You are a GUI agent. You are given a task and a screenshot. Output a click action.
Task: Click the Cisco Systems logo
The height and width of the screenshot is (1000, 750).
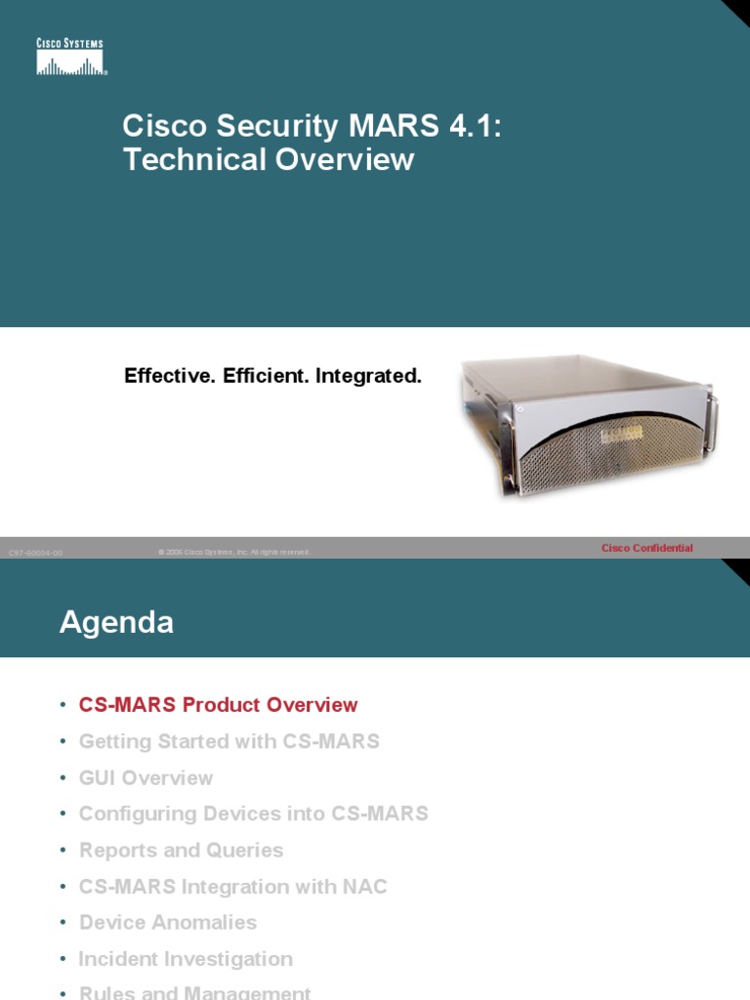(70, 58)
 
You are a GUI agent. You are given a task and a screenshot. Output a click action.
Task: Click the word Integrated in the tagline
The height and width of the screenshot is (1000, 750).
(368, 375)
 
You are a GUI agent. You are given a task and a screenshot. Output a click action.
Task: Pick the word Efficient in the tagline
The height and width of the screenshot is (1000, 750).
(264, 375)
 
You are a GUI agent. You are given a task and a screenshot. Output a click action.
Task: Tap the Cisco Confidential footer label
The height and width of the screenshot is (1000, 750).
(646, 548)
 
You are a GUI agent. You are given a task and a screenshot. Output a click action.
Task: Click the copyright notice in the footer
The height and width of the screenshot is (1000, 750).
(234, 553)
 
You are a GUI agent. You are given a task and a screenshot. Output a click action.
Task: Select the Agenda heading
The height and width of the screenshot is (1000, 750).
(116, 622)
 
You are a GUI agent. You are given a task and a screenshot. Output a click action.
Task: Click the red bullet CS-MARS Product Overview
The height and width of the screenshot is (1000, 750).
(218, 705)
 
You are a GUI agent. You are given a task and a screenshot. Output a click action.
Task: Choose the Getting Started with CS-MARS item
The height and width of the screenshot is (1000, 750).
(229, 741)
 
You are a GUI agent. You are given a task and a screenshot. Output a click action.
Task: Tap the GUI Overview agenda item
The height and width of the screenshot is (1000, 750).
(146, 777)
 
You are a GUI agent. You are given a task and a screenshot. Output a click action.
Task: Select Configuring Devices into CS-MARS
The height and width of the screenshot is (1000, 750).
(253, 813)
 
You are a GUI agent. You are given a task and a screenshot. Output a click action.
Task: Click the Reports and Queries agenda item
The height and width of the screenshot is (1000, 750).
(181, 850)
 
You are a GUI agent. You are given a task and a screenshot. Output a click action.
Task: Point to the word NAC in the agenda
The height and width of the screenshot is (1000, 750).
(365, 887)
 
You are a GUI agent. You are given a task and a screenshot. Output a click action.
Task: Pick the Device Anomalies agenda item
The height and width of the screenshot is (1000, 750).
(168, 923)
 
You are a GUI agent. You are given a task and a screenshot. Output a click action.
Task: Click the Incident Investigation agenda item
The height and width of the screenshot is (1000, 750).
(186, 959)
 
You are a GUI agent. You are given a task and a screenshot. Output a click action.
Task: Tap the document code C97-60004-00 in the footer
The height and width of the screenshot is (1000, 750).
(35, 553)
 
